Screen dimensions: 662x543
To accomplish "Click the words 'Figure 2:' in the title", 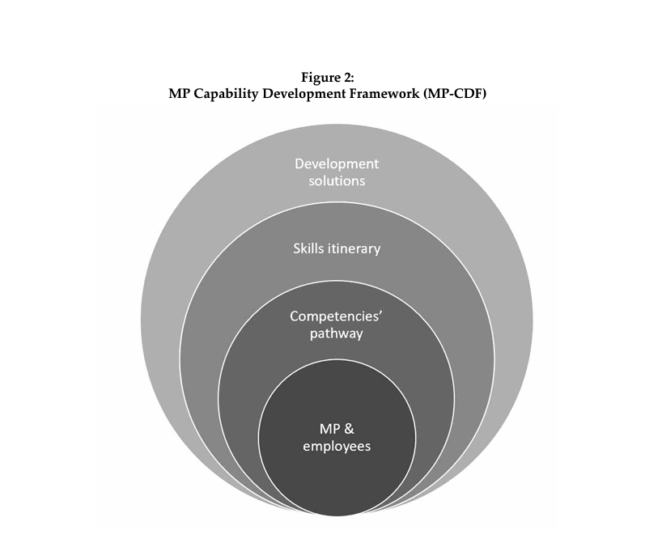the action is pos(328,78).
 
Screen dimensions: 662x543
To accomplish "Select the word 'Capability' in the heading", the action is pos(226,94).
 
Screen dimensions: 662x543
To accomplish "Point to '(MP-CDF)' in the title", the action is pos(455,93).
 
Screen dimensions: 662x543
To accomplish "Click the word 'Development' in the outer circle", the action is pos(337,163).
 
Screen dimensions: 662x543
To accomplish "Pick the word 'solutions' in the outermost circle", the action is pos(337,180).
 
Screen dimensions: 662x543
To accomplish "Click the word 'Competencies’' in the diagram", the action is pos(337,316).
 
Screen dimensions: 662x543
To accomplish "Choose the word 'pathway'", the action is pos(337,334).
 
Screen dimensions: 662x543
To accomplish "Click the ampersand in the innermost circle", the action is pos(348,429).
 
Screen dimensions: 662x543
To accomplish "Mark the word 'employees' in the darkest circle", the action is pos(337,447).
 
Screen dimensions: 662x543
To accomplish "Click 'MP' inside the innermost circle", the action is pos(329,429).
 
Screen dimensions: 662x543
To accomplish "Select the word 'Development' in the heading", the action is pos(303,94).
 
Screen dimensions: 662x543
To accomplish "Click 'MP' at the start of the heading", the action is pos(179,93).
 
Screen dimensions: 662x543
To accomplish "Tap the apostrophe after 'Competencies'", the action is pos(380,313).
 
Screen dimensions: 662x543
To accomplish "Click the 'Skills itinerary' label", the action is pos(337,248).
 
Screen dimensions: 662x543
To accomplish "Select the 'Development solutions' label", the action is pos(337,172).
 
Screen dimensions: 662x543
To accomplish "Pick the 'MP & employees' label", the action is pos(337,439).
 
